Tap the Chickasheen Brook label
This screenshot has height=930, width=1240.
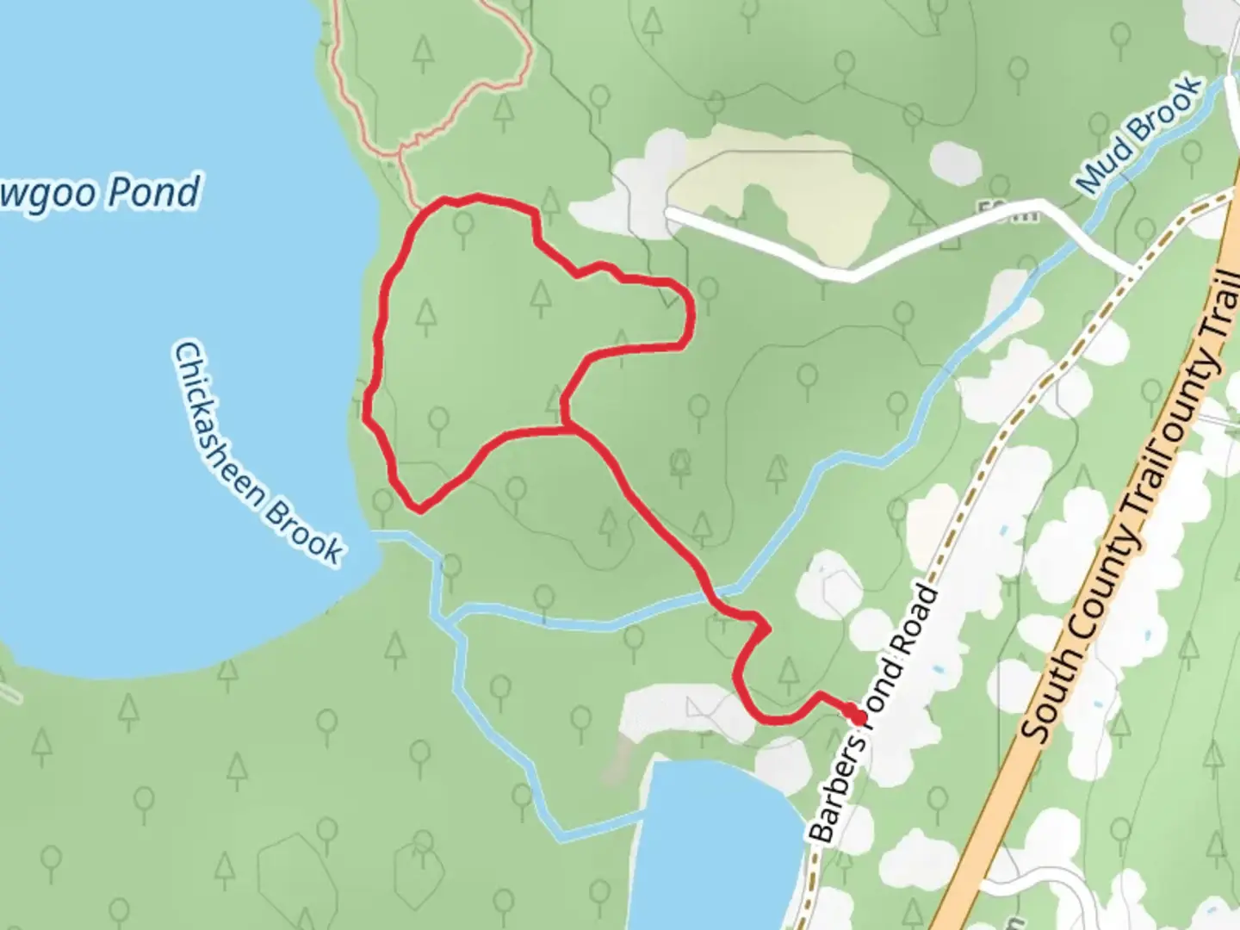[x=258, y=454]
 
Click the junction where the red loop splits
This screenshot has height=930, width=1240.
[x=569, y=427]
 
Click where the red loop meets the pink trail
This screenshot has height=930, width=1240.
[x=419, y=209]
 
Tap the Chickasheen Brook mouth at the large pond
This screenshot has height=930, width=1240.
[x=379, y=536]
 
